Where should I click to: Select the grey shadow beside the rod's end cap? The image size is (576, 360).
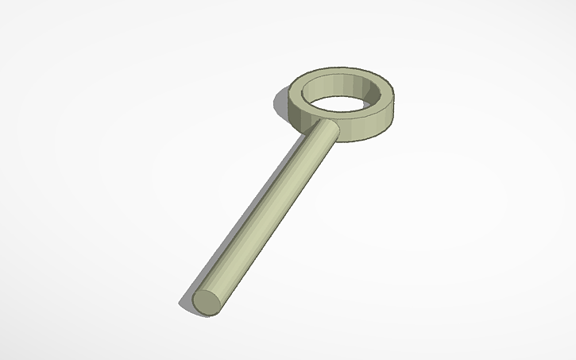[188, 301]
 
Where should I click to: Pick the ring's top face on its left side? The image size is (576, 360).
[298, 95]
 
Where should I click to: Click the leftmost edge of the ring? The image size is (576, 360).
[288, 102]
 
